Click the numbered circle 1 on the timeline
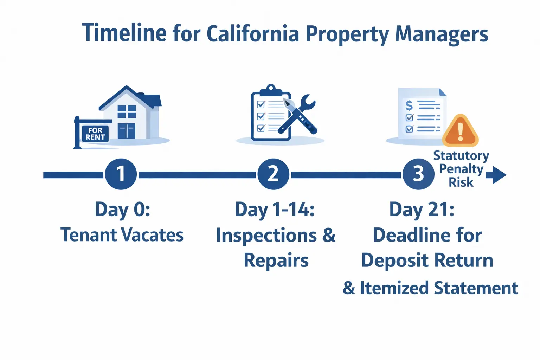(x=121, y=174)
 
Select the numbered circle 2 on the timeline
(x=273, y=174)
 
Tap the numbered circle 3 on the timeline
(x=418, y=174)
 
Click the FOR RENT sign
(x=95, y=134)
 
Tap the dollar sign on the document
(x=409, y=105)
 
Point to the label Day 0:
(x=122, y=210)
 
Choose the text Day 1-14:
(x=274, y=210)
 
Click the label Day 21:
(x=422, y=210)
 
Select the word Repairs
(x=276, y=261)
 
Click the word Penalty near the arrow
(x=461, y=169)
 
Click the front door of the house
(x=127, y=131)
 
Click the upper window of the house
(x=127, y=111)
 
